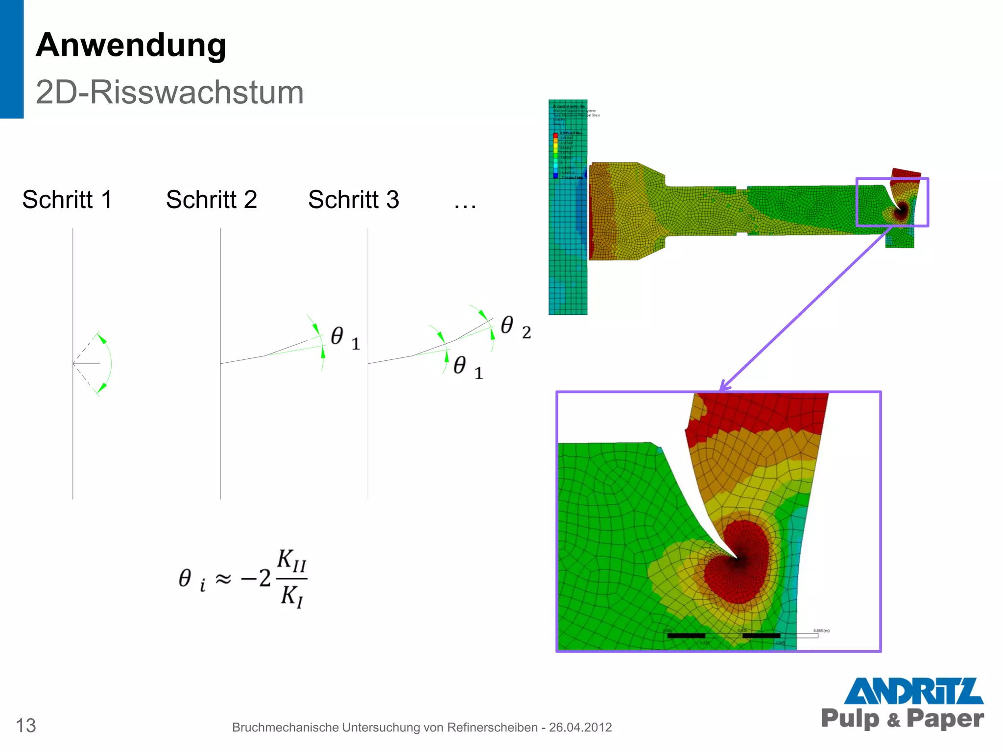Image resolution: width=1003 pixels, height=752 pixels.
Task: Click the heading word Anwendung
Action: click(x=131, y=46)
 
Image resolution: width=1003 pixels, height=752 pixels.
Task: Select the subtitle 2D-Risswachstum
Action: click(x=169, y=92)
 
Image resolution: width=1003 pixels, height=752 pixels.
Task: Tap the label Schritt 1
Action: click(x=67, y=200)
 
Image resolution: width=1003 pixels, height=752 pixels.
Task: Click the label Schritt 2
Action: click(x=211, y=200)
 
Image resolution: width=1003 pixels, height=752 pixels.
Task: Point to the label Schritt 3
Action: click(x=354, y=200)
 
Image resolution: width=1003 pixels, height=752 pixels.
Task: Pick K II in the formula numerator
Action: click(x=291, y=560)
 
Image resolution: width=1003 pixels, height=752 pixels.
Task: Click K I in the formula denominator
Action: click(x=292, y=596)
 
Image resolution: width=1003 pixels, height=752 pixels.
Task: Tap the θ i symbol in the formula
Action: click(x=191, y=579)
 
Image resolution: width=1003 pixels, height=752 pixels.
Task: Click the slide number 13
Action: click(x=26, y=726)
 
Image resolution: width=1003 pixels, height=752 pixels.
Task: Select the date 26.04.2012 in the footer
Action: click(x=580, y=728)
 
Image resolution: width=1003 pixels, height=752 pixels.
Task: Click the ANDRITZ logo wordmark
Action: click(x=913, y=691)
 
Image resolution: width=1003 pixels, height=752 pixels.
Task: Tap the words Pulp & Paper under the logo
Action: click(x=902, y=718)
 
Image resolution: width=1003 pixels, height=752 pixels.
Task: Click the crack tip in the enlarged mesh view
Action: click(x=737, y=557)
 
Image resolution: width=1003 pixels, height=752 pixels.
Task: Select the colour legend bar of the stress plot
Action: click(x=555, y=155)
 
